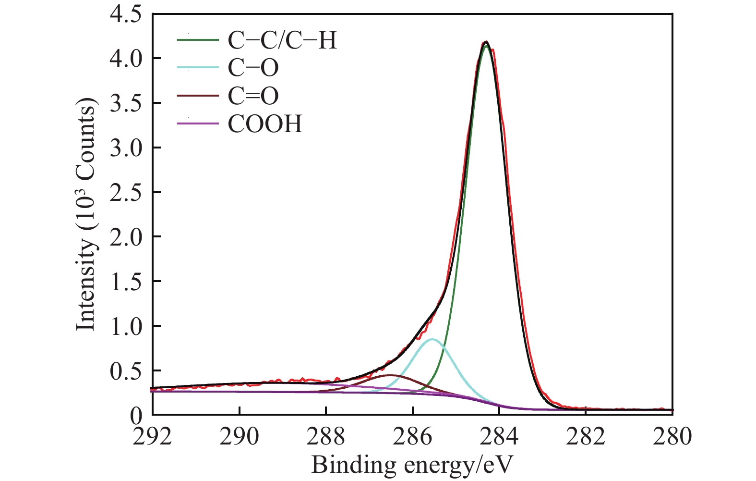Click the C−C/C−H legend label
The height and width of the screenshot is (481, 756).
click(x=282, y=40)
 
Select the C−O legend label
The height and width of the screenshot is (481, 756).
click(x=253, y=68)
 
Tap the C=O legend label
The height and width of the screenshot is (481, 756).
click(x=253, y=96)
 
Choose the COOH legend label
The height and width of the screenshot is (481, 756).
click(x=265, y=124)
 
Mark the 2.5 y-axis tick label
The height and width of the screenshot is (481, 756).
click(x=126, y=192)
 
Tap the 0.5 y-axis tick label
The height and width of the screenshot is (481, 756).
click(x=126, y=370)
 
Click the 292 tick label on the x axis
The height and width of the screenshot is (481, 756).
click(x=153, y=437)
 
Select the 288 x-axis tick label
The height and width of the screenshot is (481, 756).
click(x=326, y=437)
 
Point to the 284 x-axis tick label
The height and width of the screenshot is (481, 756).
click(x=499, y=437)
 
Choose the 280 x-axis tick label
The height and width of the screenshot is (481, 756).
click(x=672, y=437)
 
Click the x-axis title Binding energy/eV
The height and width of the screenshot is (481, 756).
click(x=412, y=465)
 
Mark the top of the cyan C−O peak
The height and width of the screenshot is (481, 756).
click(x=432, y=339)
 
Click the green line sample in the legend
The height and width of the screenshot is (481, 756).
click(x=198, y=40)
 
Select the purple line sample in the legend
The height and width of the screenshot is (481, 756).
click(x=198, y=124)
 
